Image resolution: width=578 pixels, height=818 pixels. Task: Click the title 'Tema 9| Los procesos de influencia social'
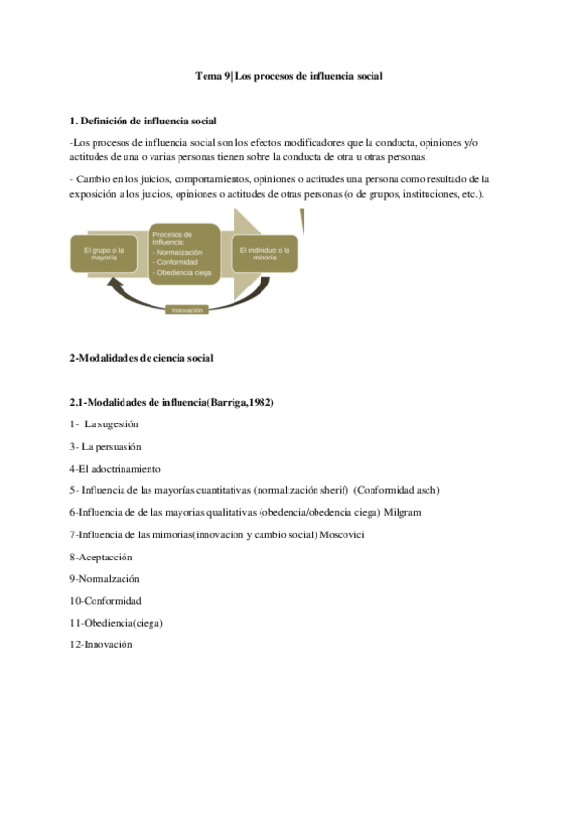289,76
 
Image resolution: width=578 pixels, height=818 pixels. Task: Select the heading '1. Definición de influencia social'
144,121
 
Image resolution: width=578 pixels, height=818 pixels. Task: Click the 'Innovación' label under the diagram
185,310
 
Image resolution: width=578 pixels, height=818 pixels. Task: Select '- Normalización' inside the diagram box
178,252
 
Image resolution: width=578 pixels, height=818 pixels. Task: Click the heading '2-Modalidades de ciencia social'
142,358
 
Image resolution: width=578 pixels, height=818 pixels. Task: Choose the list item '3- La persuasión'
105,447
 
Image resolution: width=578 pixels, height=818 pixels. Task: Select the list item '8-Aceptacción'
101,557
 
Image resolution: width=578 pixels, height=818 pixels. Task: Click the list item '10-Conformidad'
105,601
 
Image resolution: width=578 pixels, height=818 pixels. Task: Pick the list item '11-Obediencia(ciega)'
116,623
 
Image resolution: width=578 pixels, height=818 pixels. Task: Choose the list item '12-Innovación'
101,644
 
